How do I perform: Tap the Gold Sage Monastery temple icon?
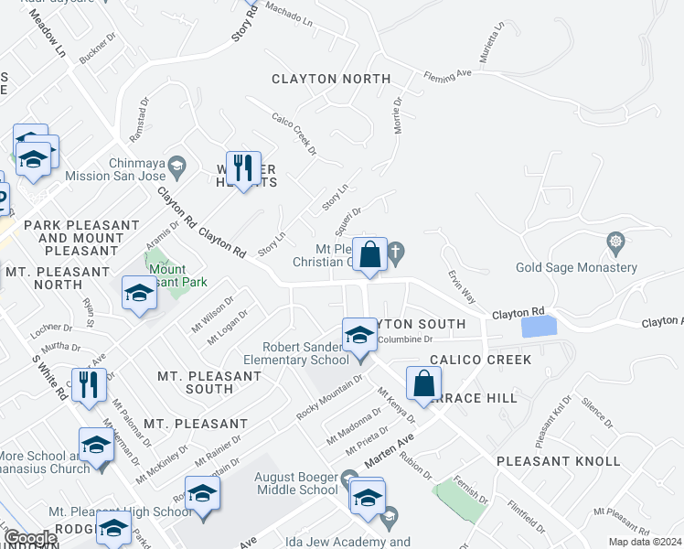point(615,242)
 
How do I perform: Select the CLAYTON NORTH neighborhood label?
point(331,80)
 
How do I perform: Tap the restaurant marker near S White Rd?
point(89,385)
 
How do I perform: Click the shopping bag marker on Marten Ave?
point(423,383)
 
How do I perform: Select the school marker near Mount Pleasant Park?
point(139,294)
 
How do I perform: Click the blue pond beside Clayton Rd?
point(538,326)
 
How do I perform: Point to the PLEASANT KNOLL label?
point(558,461)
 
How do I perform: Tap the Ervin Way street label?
point(462,285)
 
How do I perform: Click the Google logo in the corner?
point(30,539)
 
